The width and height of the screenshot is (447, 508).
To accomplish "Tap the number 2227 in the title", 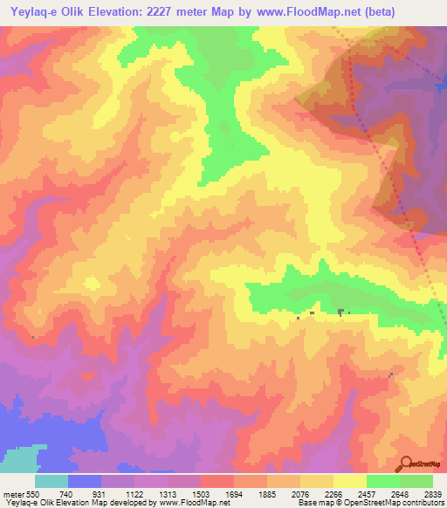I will click(x=171, y=12).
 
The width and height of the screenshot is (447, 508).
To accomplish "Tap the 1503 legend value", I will click(x=201, y=494).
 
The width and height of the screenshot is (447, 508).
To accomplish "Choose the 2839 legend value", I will click(x=433, y=494).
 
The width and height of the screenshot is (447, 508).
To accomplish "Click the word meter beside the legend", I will click(x=12, y=494).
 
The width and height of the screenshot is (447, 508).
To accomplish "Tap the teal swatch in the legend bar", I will click(x=52, y=481).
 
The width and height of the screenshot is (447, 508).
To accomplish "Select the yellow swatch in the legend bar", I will click(x=350, y=481).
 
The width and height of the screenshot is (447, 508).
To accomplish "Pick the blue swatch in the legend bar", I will click(x=85, y=481).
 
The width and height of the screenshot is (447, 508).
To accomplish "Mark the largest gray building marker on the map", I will click(x=341, y=311).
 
